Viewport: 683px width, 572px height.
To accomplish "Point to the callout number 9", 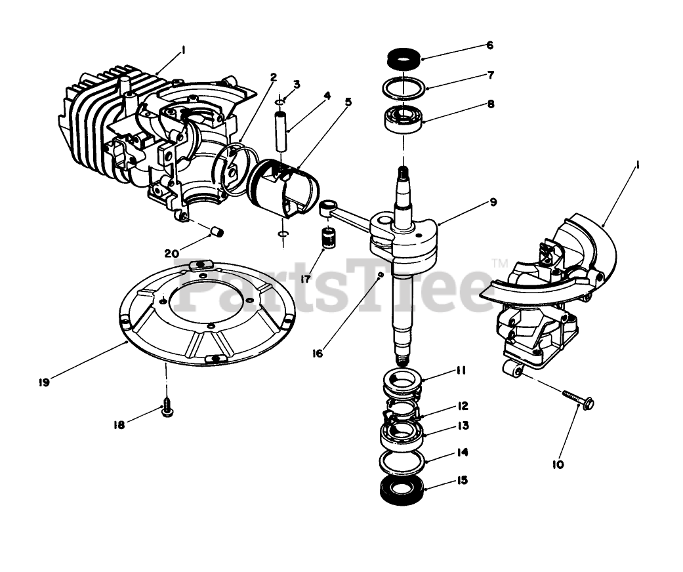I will (492, 203).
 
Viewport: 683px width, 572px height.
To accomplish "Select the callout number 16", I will (318, 354).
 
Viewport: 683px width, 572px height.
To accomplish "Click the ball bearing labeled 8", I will (402, 120).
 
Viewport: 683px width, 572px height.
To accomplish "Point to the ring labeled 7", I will (402, 87).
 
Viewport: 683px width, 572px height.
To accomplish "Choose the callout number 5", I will (348, 102).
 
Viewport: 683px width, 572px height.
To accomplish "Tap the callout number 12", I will (462, 406).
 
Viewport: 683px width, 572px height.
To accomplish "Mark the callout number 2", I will (273, 77).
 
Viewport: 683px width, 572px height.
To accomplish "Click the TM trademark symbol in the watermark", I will (500, 264).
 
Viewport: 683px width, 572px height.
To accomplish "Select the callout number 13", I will (463, 426).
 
